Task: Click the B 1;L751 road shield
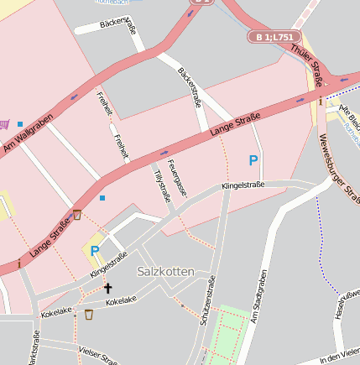(273, 37)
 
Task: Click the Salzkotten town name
(165, 272)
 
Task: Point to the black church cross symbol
(107, 288)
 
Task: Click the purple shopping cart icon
(3, 123)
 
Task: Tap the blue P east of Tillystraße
(253, 159)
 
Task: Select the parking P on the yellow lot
(95, 250)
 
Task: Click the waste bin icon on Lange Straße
(77, 215)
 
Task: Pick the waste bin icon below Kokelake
(89, 315)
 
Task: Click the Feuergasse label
(176, 177)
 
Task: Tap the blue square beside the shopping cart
(20, 123)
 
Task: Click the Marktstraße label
(34, 348)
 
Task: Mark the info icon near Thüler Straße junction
(321, 101)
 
